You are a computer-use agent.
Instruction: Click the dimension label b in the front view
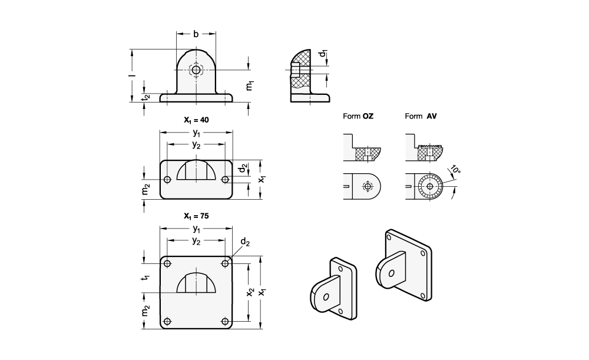pyautogui.click(x=196, y=34)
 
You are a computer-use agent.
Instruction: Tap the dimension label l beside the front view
pyautogui.click(x=134, y=76)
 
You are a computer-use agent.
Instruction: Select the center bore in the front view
pyautogui.click(x=196, y=70)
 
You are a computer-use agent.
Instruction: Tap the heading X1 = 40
pyautogui.click(x=196, y=120)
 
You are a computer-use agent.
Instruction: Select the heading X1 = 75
pyautogui.click(x=196, y=216)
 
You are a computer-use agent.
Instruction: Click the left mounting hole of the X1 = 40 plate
pyautogui.click(x=167, y=179)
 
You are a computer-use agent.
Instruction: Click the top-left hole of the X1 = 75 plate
pyautogui.click(x=167, y=263)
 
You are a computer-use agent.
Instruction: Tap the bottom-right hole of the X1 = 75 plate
pyautogui.click(x=224, y=321)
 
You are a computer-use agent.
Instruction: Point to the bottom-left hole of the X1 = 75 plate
pyautogui.click(x=167, y=321)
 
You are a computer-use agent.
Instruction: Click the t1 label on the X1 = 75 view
pyautogui.click(x=145, y=278)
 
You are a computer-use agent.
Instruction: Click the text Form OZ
pyautogui.click(x=358, y=117)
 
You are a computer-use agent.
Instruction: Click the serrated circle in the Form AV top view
pyautogui.click(x=431, y=187)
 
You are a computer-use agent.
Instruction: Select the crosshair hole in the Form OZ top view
pyautogui.click(x=368, y=187)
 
